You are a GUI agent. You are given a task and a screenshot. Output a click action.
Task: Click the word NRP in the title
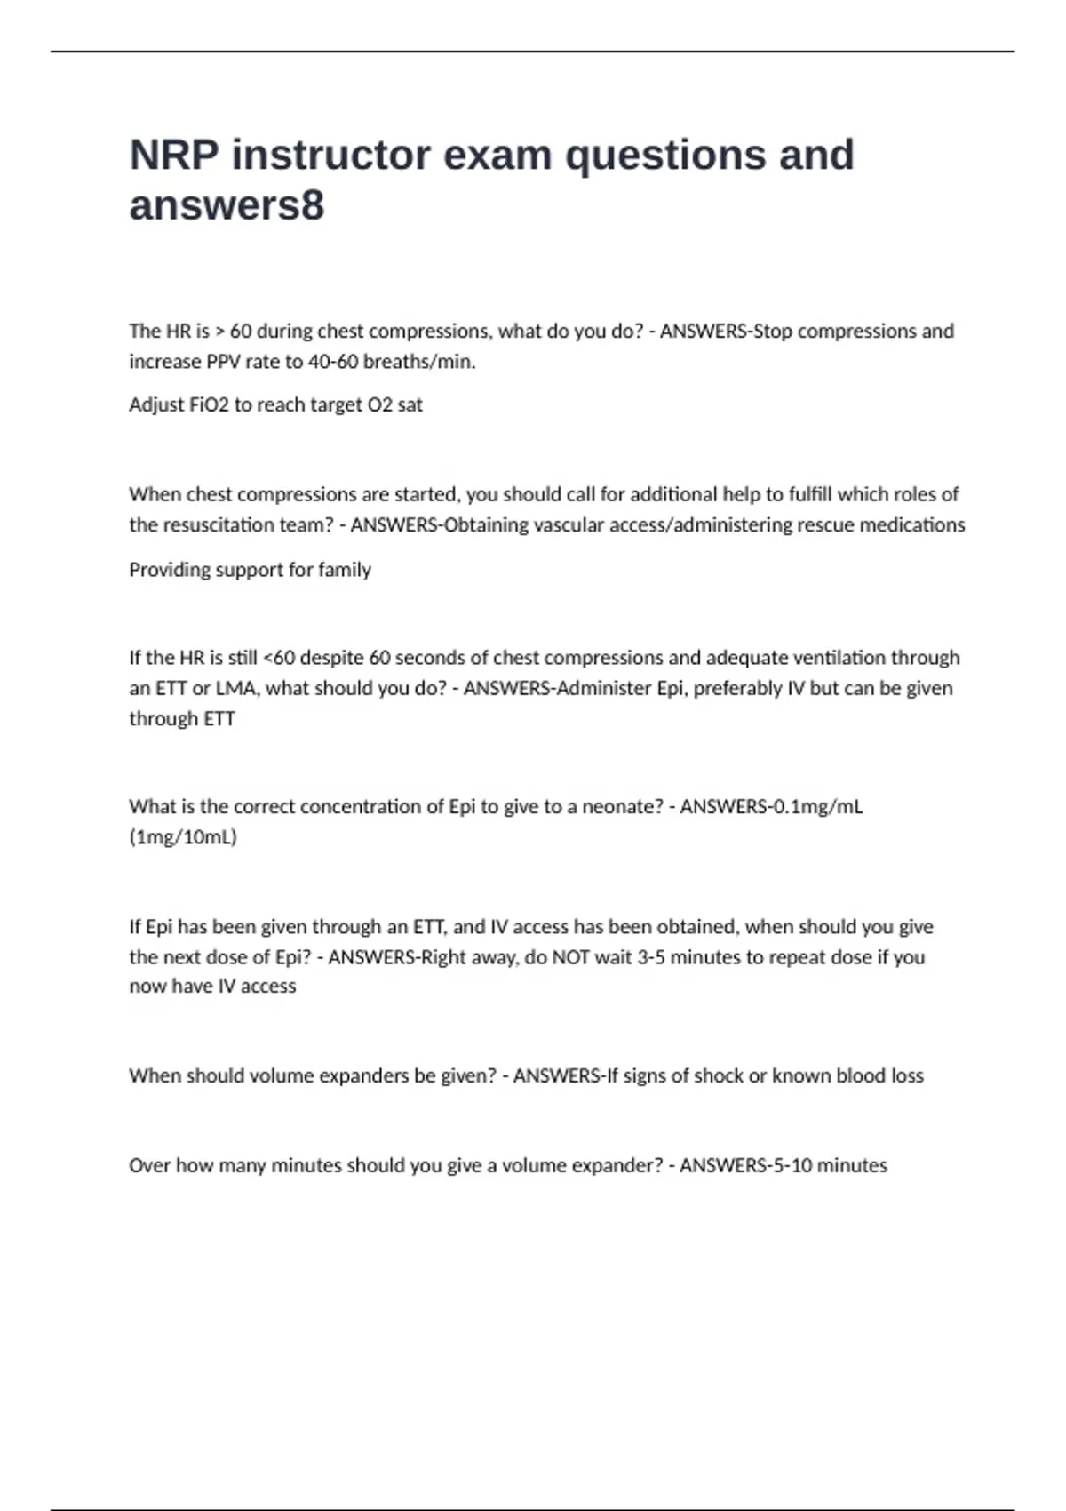[174, 155]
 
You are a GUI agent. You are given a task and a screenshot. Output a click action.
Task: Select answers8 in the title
[227, 205]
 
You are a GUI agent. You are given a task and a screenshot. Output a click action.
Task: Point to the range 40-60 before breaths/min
[333, 362]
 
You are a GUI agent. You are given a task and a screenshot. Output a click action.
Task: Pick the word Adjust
[155, 405]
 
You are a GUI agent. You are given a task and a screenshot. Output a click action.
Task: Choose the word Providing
[166, 570]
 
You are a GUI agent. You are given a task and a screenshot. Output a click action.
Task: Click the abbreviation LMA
[236, 689]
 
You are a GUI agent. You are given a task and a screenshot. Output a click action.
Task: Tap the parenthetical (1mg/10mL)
[183, 837]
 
